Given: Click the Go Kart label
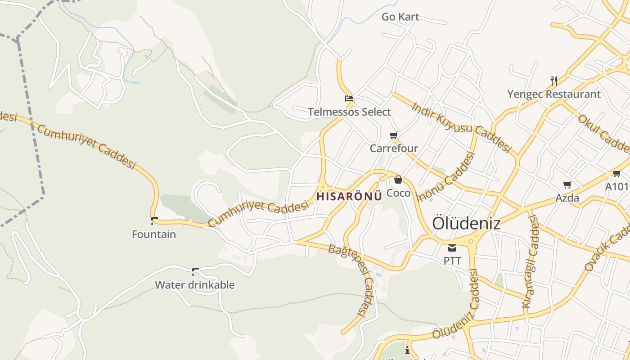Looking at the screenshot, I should click(x=400, y=17).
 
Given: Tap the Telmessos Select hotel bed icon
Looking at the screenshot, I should click(x=349, y=99).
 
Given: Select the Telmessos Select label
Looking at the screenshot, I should click(x=349, y=112).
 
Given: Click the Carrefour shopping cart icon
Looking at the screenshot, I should click(x=394, y=135).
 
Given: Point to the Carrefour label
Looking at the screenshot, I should click(x=394, y=148).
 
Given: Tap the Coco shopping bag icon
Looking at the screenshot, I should click(x=398, y=180).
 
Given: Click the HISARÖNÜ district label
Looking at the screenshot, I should click(x=349, y=196).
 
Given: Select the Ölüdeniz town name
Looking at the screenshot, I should click(x=466, y=223).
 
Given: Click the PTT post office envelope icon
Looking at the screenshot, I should click(x=452, y=247).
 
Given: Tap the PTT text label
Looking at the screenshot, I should click(x=452, y=261).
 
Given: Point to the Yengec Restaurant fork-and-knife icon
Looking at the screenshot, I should click(x=554, y=81).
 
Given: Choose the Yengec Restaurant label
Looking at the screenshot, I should click(x=554, y=94).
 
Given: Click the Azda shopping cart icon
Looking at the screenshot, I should click(x=567, y=184).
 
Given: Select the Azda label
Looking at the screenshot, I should click(x=567, y=198).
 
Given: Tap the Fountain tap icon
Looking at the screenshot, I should click(x=154, y=220).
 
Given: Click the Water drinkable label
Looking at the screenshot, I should click(x=195, y=285).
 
